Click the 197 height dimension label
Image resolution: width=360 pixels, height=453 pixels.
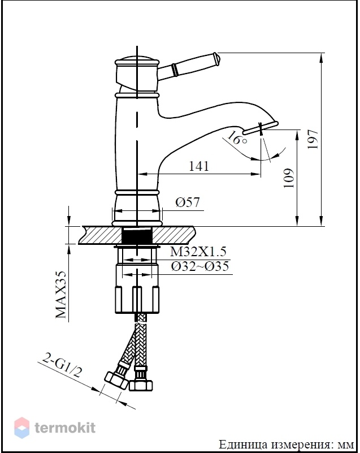point(313,139)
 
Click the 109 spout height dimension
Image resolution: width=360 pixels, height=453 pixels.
point(288,178)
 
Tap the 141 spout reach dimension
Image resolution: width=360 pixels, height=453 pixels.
point(198,166)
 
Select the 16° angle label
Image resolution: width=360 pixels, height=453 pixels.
point(237,139)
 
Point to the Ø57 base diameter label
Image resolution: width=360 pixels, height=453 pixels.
point(188,202)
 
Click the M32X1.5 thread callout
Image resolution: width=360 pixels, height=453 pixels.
point(198,251)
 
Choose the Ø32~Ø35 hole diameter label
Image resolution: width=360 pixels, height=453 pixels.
point(199,266)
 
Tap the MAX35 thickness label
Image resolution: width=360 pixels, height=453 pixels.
point(61,294)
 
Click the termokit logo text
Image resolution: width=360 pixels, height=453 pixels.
point(65,428)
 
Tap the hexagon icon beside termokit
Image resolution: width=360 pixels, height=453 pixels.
point(21,428)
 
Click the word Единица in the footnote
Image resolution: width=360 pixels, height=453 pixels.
point(243,445)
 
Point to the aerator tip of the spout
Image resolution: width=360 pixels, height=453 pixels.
point(260,128)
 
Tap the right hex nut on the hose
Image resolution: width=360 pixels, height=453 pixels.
point(141,385)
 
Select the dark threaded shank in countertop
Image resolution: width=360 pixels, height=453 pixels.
point(137,235)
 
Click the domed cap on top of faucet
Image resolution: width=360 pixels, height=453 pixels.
point(137,59)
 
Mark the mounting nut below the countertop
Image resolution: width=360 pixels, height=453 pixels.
point(137,289)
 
